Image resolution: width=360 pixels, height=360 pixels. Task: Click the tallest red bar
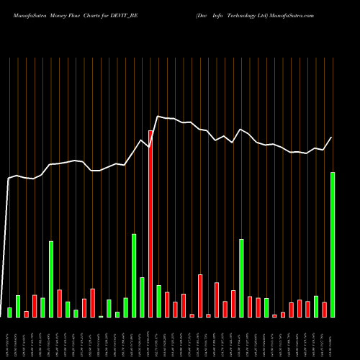[150, 223]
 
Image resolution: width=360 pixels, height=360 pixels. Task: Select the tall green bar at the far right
[333, 245]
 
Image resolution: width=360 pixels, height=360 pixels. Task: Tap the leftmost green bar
[9, 312]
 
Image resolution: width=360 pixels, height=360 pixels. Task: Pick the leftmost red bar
[26, 314]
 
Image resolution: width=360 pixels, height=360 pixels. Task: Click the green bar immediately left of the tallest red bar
[142, 297]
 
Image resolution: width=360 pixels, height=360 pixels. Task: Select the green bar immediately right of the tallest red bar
[158, 301]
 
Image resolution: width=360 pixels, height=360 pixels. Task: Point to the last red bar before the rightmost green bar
[325, 309]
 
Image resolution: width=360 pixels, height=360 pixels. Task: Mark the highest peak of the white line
[158, 116]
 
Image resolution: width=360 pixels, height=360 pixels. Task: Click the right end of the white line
[332, 138]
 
